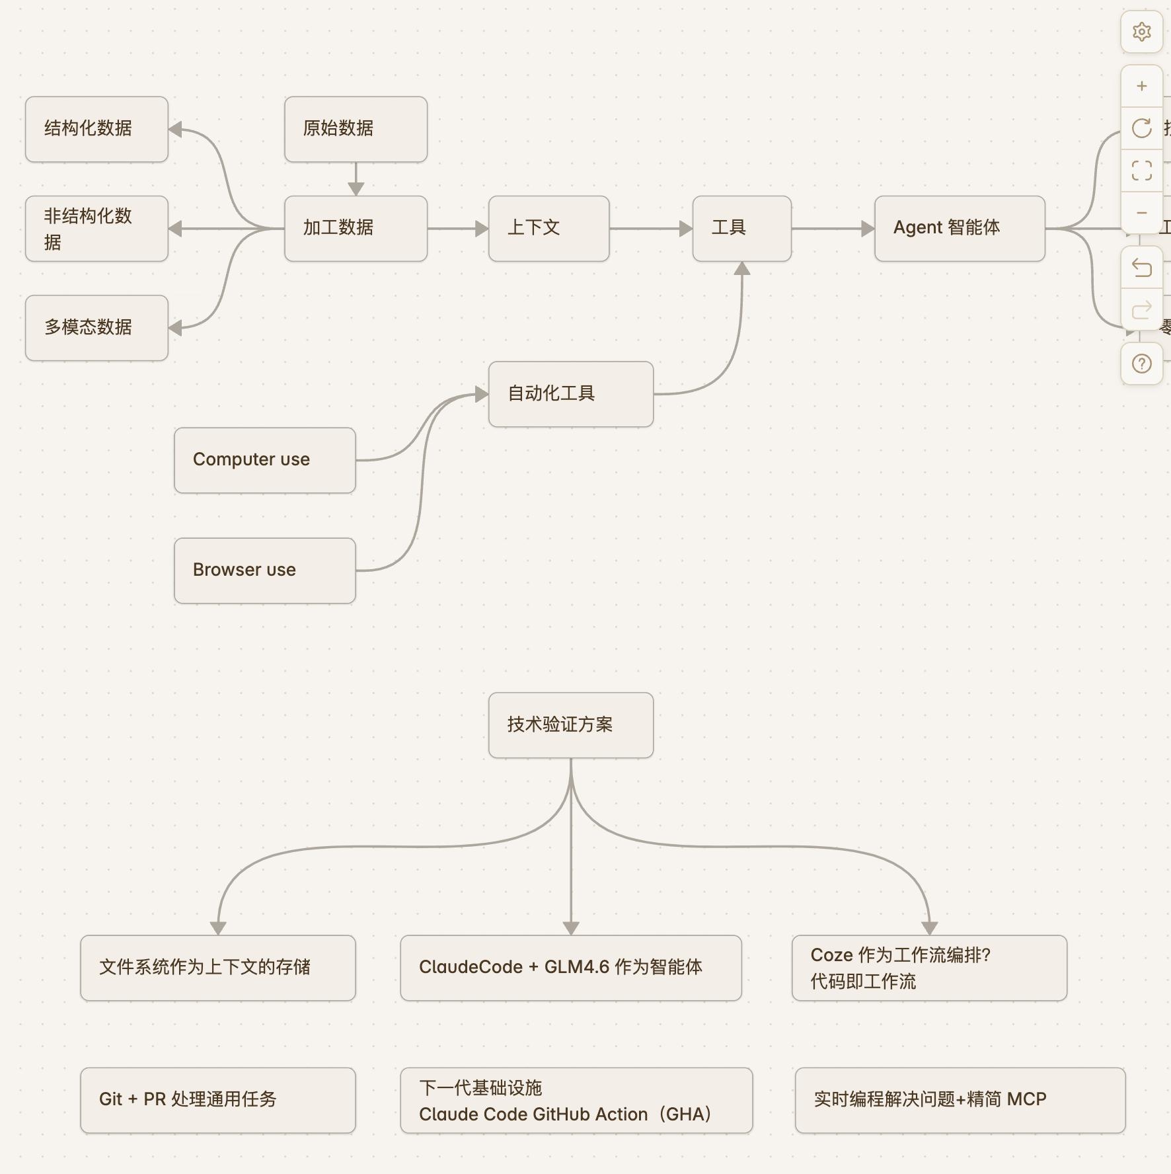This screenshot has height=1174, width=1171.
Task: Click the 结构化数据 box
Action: [x=96, y=129]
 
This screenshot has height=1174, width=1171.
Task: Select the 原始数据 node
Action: [x=356, y=129]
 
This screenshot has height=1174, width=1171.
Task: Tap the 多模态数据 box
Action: [x=96, y=327]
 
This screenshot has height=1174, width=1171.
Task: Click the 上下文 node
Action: [x=548, y=228]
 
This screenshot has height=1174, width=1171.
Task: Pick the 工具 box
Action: [x=741, y=228]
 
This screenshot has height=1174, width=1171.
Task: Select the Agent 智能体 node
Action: [x=959, y=228]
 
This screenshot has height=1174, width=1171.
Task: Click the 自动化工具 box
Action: [x=570, y=394]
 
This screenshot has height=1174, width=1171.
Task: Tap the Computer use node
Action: [x=264, y=460]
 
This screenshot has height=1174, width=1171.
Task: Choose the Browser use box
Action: [x=264, y=570]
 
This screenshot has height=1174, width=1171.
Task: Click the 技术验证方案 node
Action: [x=570, y=725]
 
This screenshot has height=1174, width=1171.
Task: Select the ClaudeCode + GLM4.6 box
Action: [x=570, y=968]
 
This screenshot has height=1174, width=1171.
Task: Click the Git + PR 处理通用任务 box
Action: [x=217, y=1100]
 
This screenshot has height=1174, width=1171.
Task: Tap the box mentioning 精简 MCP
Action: [x=960, y=1100]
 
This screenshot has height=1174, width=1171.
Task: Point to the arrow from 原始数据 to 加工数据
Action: [x=356, y=178]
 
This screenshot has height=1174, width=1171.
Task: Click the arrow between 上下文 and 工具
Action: [x=650, y=229]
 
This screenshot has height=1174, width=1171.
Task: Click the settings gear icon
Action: [x=1141, y=32]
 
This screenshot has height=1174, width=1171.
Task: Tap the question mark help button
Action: [x=1141, y=364]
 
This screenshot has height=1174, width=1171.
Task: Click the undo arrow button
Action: [x=1141, y=268]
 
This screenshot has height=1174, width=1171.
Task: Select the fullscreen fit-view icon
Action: [x=1141, y=171]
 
